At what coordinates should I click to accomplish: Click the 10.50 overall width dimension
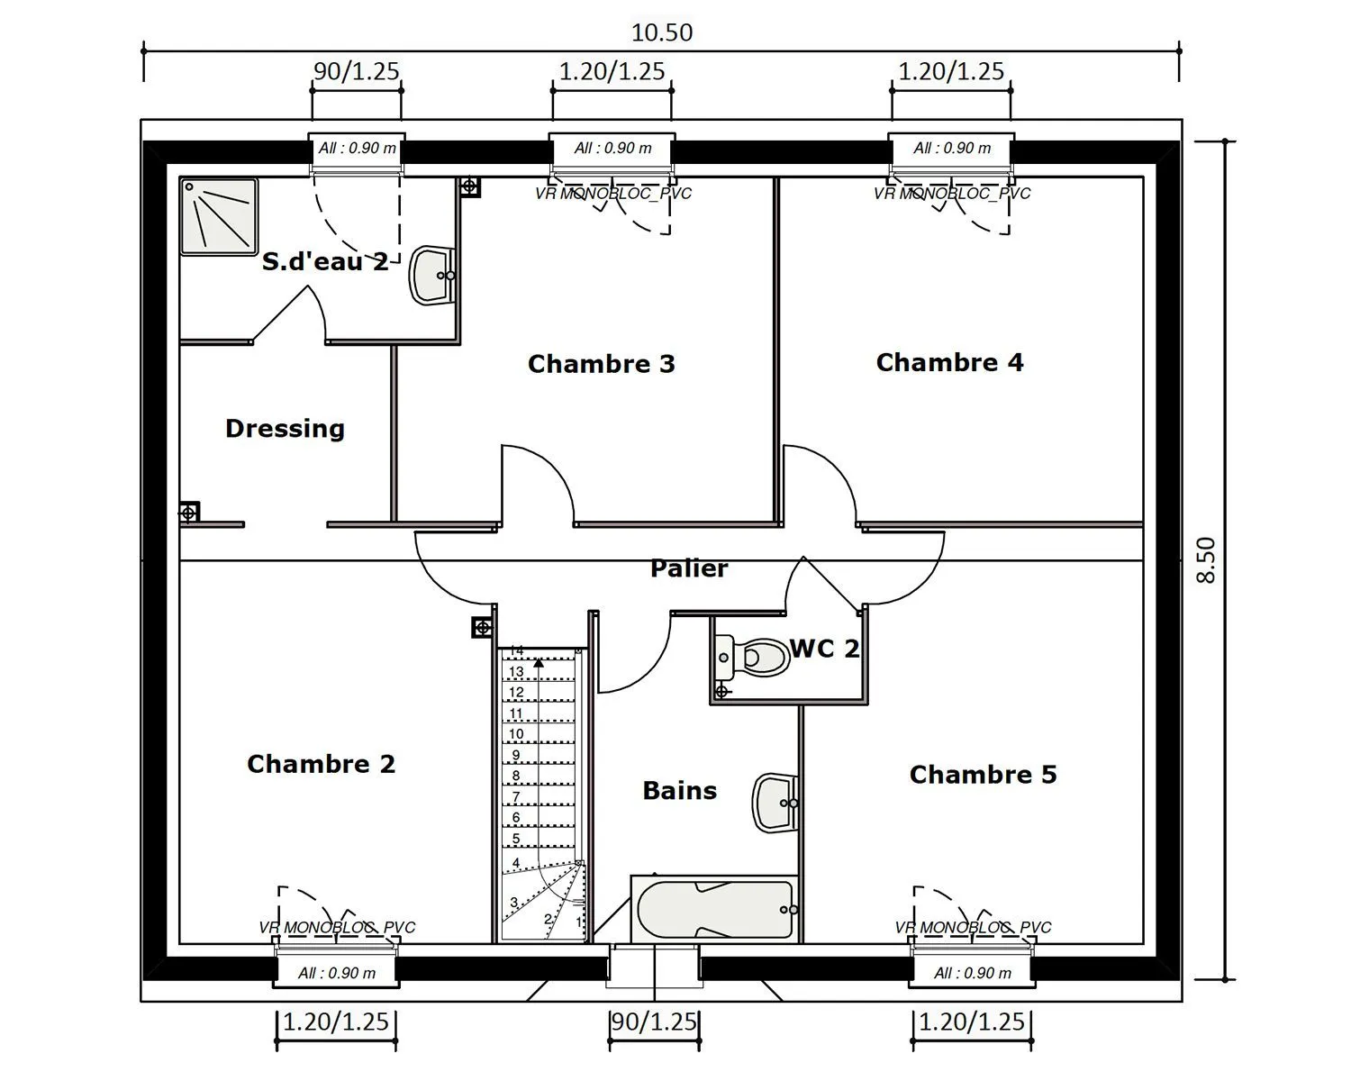662,32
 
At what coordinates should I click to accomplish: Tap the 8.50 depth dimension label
1206,560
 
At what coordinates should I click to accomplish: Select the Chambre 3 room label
602,364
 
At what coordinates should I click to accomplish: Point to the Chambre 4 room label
950,362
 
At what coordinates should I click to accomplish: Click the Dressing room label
285,429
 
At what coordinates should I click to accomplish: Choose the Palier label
689,568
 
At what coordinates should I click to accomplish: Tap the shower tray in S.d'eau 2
219,217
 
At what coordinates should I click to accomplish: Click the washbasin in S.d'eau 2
432,275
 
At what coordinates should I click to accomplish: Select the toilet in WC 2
751,657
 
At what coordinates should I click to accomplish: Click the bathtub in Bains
714,910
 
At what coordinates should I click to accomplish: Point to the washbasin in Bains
775,803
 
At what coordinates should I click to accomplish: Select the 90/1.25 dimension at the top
357,71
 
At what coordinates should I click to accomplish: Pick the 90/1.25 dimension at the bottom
654,1022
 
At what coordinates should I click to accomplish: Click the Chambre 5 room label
984,775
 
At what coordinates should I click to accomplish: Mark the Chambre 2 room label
321,764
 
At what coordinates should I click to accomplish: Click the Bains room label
680,790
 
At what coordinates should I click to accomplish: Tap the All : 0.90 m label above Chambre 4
952,149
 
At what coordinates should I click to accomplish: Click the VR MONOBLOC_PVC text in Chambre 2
337,927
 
